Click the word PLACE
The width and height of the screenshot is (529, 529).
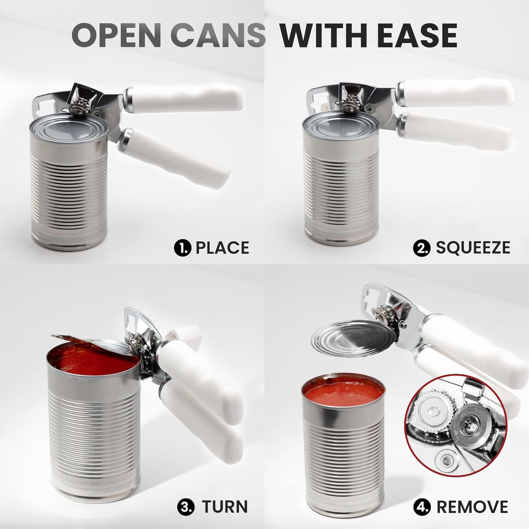click(x=222, y=247)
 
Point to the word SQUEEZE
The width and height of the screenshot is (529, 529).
click(x=473, y=247)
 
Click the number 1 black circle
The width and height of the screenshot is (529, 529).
click(x=182, y=248)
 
